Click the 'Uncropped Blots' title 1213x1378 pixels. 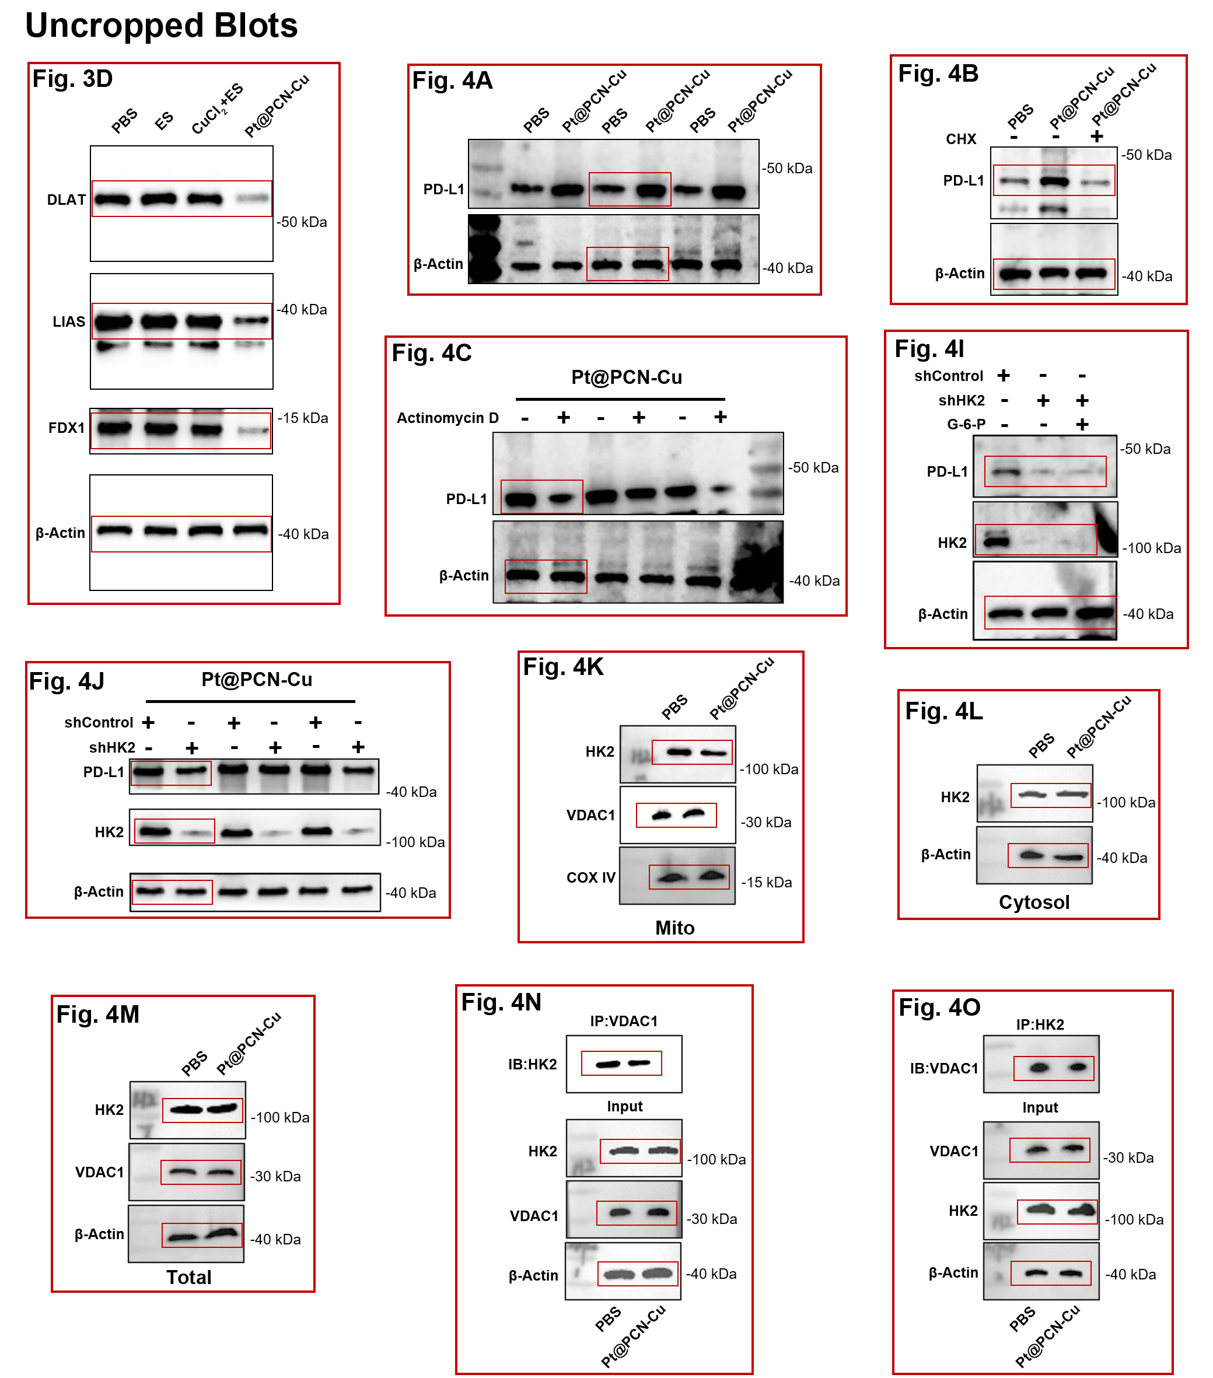pos(161,26)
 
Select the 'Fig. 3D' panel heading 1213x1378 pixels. pos(73,79)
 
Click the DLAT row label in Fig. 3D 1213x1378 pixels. pos(66,200)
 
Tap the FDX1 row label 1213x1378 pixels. pos(66,428)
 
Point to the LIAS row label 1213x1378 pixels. pos(69,321)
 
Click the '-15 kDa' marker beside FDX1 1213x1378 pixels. pos(303,418)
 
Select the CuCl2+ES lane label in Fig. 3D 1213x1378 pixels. pos(217,109)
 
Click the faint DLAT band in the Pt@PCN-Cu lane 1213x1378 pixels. pos(252,198)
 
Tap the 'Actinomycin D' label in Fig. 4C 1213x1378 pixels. pos(448,418)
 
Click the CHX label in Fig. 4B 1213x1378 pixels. pos(961,139)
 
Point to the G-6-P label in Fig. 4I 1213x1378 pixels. pos(966,424)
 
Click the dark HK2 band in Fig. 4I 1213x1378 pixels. pos(997,541)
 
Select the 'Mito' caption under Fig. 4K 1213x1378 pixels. pos(674,928)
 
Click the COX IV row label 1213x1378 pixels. pos(590,877)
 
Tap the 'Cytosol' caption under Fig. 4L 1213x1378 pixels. pos(1034,902)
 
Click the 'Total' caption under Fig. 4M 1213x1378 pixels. pos(189,1277)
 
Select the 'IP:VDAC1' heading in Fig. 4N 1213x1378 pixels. pos(624,1021)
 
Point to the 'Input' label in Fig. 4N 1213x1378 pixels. pos(624,1106)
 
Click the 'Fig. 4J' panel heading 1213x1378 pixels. pos(67,681)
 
